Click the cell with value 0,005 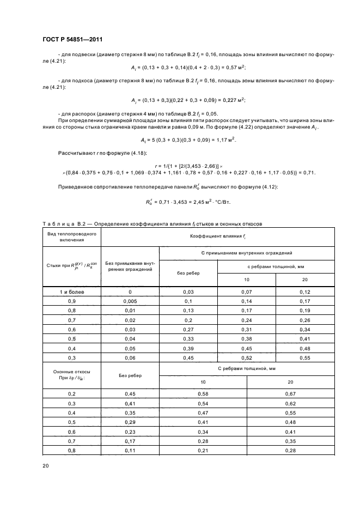[130, 301]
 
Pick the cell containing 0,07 [247, 292]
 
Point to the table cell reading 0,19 [304, 311]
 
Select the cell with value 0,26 [304, 320]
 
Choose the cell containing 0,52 [247, 359]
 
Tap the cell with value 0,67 [290, 393]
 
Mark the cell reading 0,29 [130, 422]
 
